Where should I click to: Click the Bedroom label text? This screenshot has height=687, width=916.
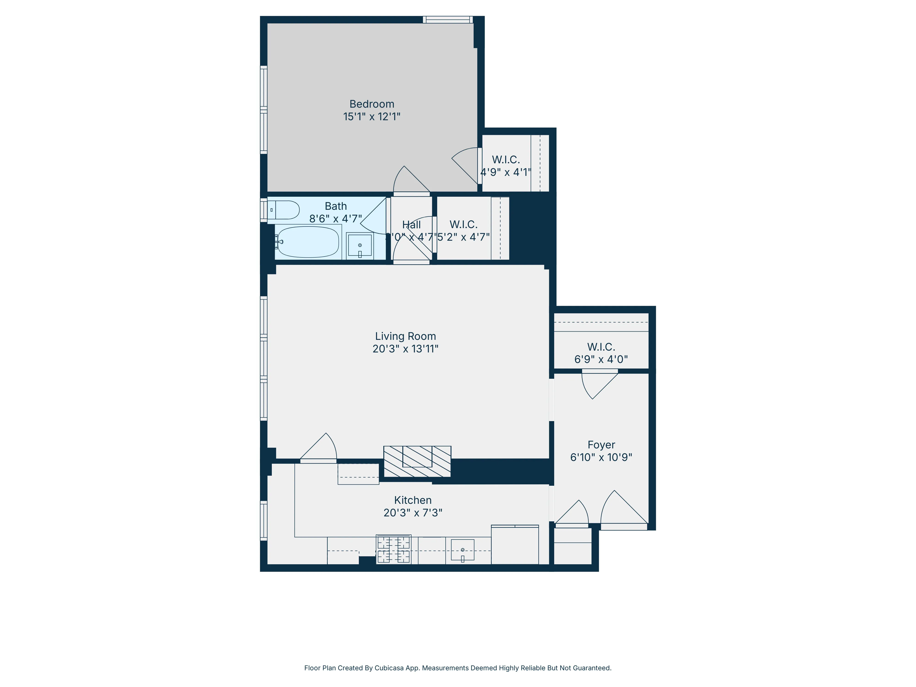pyautogui.click(x=371, y=104)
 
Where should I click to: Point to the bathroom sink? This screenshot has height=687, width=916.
pyautogui.click(x=360, y=245)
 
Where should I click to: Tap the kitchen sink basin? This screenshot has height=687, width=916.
pyautogui.click(x=462, y=550)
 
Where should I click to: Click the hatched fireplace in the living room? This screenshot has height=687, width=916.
pyautogui.click(x=417, y=461)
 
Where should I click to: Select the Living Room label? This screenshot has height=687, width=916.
pyautogui.click(x=405, y=336)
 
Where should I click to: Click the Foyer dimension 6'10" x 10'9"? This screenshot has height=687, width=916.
pyautogui.click(x=601, y=457)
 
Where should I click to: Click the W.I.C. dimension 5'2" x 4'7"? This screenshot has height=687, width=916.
pyautogui.click(x=463, y=237)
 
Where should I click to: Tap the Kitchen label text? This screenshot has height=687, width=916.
pyautogui.click(x=412, y=500)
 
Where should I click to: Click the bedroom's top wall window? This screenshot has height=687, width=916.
pyautogui.click(x=448, y=19)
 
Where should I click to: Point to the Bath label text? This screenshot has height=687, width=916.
pyautogui.click(x=335, y=206)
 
